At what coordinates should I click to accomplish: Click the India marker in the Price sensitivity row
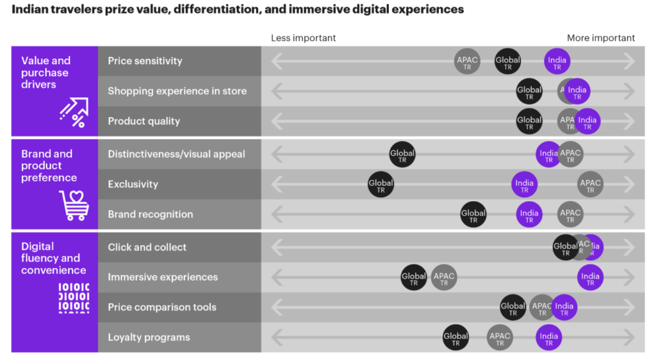pyautogui.click(x=557, y=61)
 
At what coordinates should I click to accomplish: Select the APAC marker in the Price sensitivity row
pyautogui.click(x=467, y=61)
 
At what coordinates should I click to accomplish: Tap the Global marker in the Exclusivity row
pyautogui.click(x=381, y=184)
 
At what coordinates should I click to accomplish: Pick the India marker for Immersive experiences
pyautogui.click(x=589, y=277)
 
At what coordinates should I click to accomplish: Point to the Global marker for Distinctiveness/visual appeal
pyautogui.click(x=402, y=154)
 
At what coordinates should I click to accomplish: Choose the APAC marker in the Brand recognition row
pyautogui.click(x=570, y=214)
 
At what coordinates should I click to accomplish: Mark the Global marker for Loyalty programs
pyautogui.click(x=455, y=337)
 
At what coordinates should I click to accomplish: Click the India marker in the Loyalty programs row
pyautogui.click(x=548, y=337)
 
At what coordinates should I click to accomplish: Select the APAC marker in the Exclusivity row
pyautogui.click(x=590, y=184)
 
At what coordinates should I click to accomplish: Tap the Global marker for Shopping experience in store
pyautogui.click(x=529, y=91)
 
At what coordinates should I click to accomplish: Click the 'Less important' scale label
pyautogui.click(x=303, y=38)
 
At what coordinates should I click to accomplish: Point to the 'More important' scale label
pyautogui.click(x=600, y=38)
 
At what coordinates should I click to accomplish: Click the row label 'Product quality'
pyautogui.click(x=143, y=121)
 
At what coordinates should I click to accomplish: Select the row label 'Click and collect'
pyautogui.click(x=147, y=247)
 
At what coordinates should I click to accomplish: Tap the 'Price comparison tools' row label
pyautogui.click(x=162, y=307)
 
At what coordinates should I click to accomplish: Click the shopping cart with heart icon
pyautogui.click(x=74, y=205)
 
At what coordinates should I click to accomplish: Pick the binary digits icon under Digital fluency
pyautogui.click(x=74, y=297)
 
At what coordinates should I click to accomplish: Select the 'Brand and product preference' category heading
pyautogui.click(x=49, y=166)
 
